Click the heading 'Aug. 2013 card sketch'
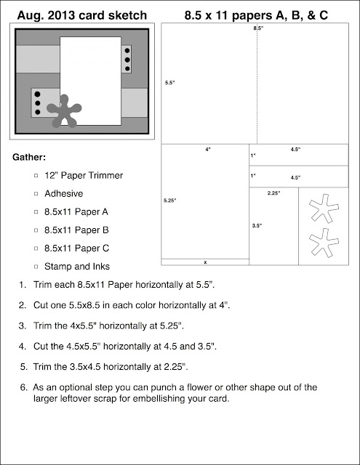tap(82, 15)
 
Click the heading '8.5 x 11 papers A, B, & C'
tap(256, 15)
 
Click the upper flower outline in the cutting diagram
tap(324, 209)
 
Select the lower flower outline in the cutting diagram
tap(324, 243)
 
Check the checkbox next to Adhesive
tap(36, 194)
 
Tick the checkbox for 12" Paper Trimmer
tap(36, 176)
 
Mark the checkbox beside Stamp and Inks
tap(36, 267)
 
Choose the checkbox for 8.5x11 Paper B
tap(36, 230)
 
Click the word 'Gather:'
tap(29, 157)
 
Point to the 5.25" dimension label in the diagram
tap(169, 201)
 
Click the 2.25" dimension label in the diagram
tap(273, 193)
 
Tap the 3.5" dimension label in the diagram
tap(257, 226)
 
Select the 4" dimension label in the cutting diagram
tap(208, 150)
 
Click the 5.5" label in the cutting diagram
tap(170, 83)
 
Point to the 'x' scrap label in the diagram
tap(205, 262)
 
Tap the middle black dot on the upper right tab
tap(127, 60)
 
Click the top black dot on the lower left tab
tap(37, 94)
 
